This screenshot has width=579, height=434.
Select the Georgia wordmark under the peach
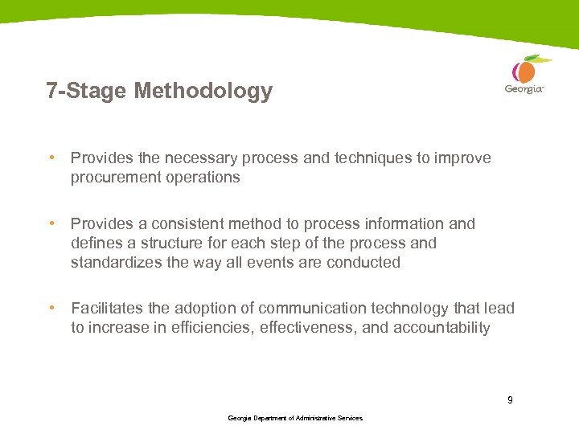[x=524, y=89]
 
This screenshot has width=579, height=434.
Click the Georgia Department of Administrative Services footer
[x=295, y=418]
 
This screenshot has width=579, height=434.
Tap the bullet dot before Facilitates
[x=51, y=309]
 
